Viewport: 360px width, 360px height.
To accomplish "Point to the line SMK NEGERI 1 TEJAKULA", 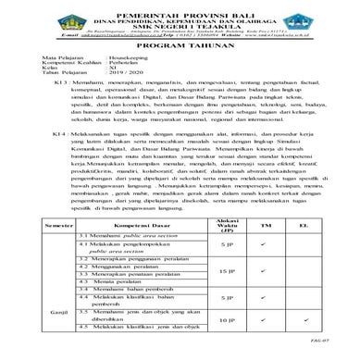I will point(179,27).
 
